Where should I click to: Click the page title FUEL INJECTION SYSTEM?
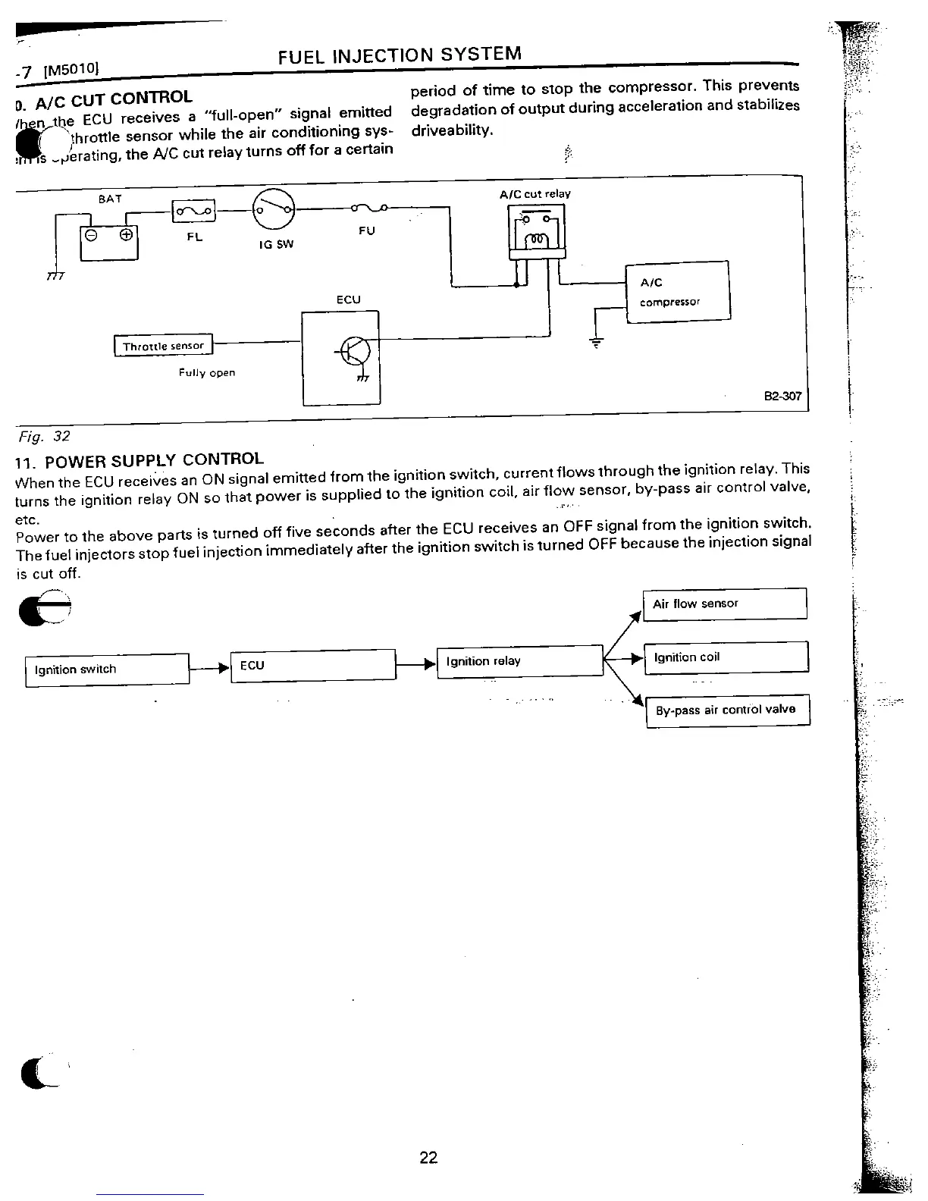click(400, 55)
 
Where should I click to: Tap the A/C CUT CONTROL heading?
click(113, 98)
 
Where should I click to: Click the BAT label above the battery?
click(110, 199)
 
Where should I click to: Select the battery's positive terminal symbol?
click(126, 234)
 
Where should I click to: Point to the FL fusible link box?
click(195, 212)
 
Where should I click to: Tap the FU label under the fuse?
click(366, 230)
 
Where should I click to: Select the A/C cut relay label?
click(535, 194)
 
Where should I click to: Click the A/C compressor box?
click(677, 291)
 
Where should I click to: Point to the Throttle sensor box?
click(164, 346)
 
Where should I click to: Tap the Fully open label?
click(207, 372)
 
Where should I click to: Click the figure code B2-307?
click(782, 396)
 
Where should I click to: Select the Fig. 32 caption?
click(44, 437)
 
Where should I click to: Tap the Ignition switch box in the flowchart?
click(107, 669)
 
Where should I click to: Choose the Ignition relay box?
click(519, 661)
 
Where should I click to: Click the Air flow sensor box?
click(724, 604)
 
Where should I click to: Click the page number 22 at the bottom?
click(428, 1158)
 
